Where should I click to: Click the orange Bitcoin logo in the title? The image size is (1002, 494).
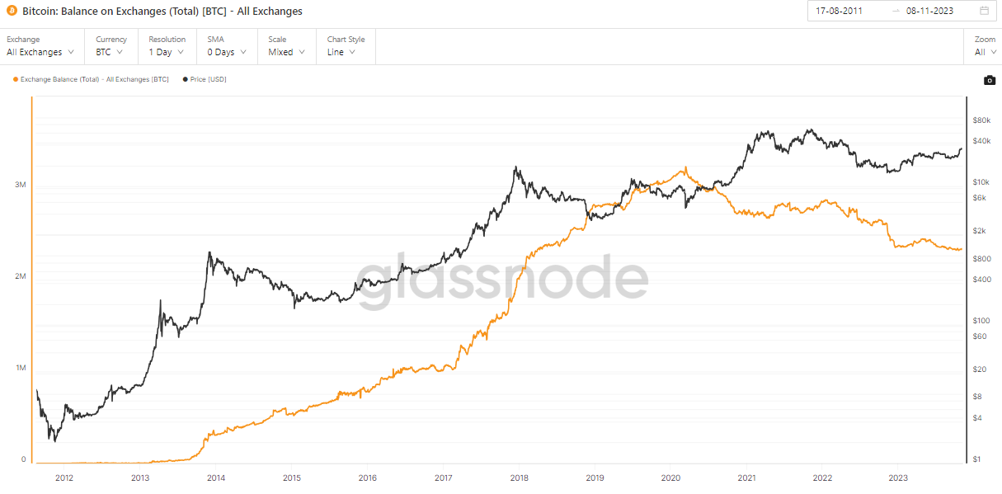[x=12, y=12]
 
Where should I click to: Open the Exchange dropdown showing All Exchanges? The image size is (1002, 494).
[x=40, y=52]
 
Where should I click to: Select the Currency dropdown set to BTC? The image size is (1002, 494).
[x=110, y=52]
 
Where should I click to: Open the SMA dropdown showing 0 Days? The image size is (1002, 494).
[x=226, y=52]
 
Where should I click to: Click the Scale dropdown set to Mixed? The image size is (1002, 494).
[x=286, y=52]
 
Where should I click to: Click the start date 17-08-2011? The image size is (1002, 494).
[x=839, y=11]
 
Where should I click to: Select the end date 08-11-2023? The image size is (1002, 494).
[x=929, y=11]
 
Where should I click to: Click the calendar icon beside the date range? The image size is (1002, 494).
[x=984, y=11]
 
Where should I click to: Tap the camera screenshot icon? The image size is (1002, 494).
[x=990, y=80]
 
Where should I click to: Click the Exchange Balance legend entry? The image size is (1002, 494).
[x=91, y=79]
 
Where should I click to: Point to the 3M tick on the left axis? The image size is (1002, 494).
[x=21, y=185]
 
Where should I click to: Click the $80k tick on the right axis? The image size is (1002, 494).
[x=981, y=120]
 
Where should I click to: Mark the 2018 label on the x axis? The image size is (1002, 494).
[x=520, y=478]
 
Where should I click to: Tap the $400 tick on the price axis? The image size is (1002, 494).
[x=981, y=280]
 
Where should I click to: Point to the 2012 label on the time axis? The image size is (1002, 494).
[x=64, y=478]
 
